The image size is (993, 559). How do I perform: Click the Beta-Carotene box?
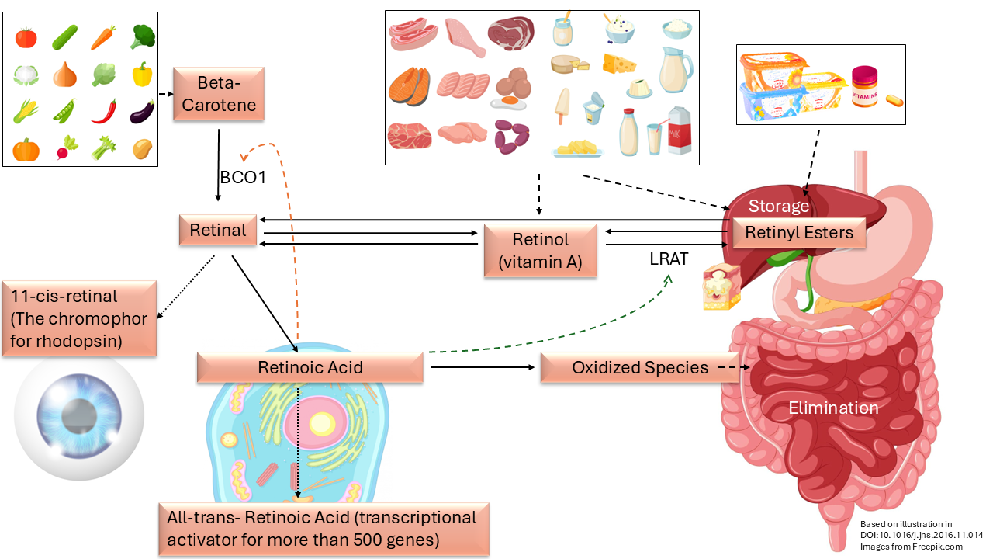tap(219, 94)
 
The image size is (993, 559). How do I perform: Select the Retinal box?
tap(218, 230)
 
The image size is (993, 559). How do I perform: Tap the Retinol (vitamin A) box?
tap(541, 251)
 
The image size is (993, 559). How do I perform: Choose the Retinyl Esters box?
tap(799, 232)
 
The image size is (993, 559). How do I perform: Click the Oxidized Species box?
tap(640, 367)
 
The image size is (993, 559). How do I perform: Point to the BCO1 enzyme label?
tap(243, 178)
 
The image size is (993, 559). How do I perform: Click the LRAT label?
tap(669, 259)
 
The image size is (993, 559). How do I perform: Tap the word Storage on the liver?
tap(778, 206)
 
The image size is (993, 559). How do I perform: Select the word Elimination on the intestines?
tap(833, 408)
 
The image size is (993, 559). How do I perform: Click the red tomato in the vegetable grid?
tap(26, 37)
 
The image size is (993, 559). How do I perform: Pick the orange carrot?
tap(104, 37)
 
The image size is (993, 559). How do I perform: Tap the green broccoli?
tap(143, 36)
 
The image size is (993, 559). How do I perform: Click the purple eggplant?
tap(142, 111)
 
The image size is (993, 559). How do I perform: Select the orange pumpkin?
tap(26, 150)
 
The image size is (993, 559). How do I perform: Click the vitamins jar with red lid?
tap(864, 86)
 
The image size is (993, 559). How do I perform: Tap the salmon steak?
tap(409, 86)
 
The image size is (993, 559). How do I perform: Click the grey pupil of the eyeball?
tap(79, 416)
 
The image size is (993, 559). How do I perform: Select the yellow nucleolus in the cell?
tap(322, 424)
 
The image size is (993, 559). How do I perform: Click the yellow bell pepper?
tap(142, 74)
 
